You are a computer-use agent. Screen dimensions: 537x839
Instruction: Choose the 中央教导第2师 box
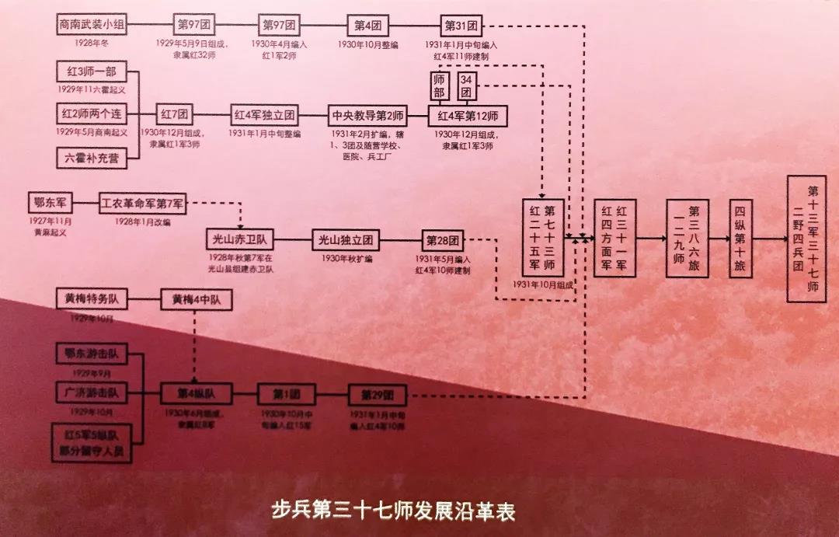[367, 115]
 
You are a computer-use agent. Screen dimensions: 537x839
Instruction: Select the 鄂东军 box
[49, 204]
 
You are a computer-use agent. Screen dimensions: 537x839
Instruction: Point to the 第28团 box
[444, 239]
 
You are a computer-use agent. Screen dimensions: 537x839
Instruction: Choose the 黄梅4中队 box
[196, 300]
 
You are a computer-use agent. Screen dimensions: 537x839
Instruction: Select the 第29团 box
[377, 395]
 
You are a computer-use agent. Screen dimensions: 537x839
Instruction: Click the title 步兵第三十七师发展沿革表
[393, 511]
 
